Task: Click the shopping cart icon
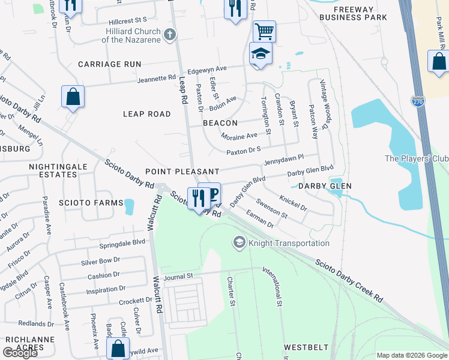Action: [264, 31]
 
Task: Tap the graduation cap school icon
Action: [261, 55]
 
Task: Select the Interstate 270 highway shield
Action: [418, 101]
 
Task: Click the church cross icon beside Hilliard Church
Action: [170, 34]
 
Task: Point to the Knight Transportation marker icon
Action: [239, 242]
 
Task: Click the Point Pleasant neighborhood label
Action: [181, 172]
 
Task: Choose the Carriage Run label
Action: [109, 64]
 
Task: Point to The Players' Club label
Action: [416, 158]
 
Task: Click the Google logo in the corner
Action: [20, 353]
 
